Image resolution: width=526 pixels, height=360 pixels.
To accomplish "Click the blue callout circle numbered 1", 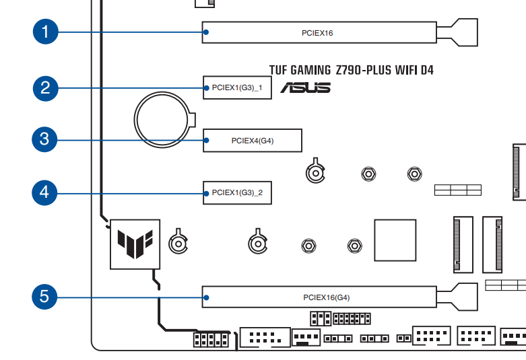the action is [x=46, y=32].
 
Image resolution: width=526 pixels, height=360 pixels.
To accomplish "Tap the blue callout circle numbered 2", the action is [x=46, y=88].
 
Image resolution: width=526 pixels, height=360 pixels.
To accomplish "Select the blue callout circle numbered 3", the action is [x=44, y=139].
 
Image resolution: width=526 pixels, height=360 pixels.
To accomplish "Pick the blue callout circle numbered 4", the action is [x=44, y=192].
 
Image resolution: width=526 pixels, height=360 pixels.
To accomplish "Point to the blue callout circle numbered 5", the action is [x=44, y=297].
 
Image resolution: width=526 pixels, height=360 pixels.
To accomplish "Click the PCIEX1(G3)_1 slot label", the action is [x=237, y=88].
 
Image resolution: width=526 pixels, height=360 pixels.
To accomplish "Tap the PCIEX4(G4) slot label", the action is [x=253, y=141].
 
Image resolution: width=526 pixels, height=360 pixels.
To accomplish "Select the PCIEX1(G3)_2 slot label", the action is [x=237, y=192].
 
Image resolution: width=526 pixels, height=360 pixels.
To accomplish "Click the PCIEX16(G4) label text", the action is [x=327, y=297].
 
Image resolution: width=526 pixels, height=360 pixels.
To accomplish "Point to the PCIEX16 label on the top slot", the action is [x=317, y=33].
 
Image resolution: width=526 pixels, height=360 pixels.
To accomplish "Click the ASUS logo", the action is [x=306, y=87].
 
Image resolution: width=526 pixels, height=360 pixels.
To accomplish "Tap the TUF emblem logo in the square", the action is [x=135, y=244].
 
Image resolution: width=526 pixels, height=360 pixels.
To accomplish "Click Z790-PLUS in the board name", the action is [x=363, y=71].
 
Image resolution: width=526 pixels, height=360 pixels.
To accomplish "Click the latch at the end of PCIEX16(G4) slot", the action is [x=457, y=297].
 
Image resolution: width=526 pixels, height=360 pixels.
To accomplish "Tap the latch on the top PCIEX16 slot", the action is [x=457, y=32].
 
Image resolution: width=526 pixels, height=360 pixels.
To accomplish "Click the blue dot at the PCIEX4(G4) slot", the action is [x=206, y=140].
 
